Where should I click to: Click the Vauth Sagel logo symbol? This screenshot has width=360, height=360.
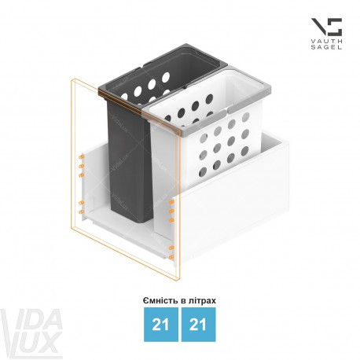coord(327,27)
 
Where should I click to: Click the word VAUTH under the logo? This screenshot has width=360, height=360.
coord(326,42)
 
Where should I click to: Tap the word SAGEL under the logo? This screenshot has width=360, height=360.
coord(326,47)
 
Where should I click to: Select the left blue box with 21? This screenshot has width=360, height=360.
coord(160,325)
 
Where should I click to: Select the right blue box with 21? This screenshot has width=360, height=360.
coord(198,325)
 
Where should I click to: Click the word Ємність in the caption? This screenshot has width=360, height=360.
coord(160,300)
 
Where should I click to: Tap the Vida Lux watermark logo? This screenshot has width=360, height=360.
coord(31,332)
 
